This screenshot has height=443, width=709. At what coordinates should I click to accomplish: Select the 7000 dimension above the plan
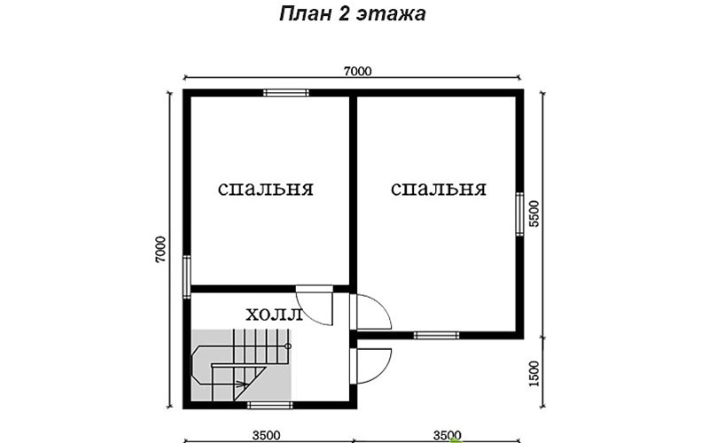pos(358,72)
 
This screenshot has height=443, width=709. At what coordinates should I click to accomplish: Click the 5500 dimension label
pos(534,214)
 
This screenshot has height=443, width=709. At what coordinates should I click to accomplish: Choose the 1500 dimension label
pos(534,373)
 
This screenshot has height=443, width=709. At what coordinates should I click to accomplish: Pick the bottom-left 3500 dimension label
pos(267,436)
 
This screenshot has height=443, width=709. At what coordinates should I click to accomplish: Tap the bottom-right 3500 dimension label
pos(448,436)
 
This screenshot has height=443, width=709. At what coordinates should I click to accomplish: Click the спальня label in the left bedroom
pos(266,189)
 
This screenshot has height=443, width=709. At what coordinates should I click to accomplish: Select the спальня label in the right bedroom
pos(439,189)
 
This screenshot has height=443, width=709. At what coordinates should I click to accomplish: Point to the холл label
pos(274,315)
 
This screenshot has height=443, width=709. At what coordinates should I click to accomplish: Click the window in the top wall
pos(286,93)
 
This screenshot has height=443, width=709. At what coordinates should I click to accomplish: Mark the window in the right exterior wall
pos(520,214)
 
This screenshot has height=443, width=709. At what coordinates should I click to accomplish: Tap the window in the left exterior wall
pos(187,276)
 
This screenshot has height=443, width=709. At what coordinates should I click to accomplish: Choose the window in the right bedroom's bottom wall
pos(437,336)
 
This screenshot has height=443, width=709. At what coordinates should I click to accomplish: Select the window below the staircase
pos(270,406)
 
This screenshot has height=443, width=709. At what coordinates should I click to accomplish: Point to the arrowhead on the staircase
pos(243,385)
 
